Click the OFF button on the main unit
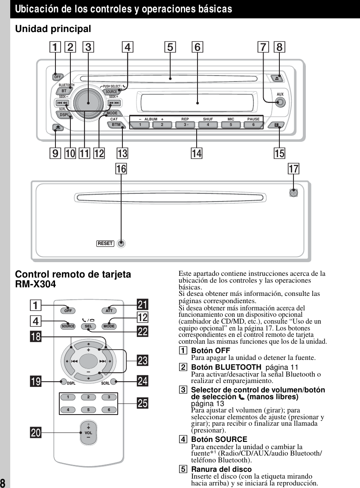tap(57, 77)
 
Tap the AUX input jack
tap(280, 102)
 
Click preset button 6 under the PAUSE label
tap(253, 125)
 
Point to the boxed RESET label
tap(105, 243)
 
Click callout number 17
tap(293, 169)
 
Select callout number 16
tap(122, 169)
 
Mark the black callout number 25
tap(142, 403)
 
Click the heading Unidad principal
tap(53, 29)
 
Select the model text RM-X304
tap(35, 284)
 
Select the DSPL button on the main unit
tap(64, 115)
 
